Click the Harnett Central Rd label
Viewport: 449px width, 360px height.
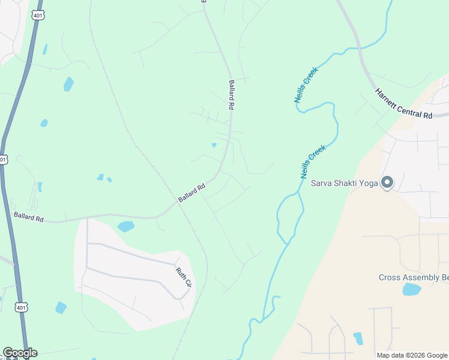pos(403,104)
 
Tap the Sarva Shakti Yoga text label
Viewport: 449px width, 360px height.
pos(344,183)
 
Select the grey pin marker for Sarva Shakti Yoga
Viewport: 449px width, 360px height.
pos(387,182)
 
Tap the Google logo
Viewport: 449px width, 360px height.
pos(19,353)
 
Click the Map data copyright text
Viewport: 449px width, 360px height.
pos(411,355)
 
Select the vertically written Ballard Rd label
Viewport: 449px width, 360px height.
pos(231,95)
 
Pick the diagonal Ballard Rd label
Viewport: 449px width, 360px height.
pos(192,192)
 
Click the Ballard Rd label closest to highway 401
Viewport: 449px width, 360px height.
pos(28,216)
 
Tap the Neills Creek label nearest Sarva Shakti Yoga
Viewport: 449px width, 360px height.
pos(313,161)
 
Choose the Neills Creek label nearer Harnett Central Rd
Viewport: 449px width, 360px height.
pos(306,85)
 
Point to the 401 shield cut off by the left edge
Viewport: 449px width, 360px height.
pos(3,159)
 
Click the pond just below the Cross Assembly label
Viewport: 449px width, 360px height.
pos(411,289)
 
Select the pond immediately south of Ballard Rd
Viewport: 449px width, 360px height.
pos(126,226)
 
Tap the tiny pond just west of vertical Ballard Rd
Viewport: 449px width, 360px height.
pos(214,145)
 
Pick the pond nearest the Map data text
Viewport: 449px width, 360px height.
pos(358,338)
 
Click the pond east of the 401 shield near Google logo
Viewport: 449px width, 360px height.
pos(61,308)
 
